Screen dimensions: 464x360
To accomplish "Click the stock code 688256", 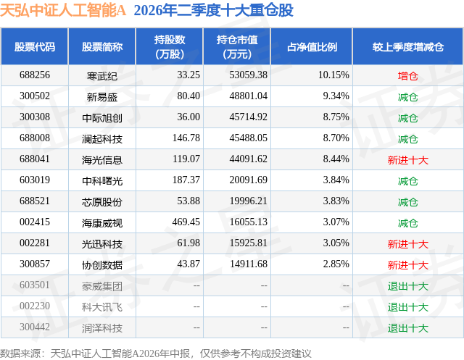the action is point(35,75).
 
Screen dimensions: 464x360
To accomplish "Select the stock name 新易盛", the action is point(102,96).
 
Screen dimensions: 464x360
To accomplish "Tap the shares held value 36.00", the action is point(188,117).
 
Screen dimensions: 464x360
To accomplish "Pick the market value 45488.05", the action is point(248,138).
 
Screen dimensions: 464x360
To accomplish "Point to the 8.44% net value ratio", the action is point(336,159).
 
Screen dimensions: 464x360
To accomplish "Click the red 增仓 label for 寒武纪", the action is point(407,76).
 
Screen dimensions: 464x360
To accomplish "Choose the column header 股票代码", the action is point(35,46).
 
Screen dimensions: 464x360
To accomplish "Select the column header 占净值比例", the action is point(312,46).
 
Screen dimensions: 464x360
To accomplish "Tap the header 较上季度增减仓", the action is point(407,46).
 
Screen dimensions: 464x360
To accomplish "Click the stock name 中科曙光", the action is point(102,181).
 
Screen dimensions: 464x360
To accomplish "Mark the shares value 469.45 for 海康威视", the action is point(186,222).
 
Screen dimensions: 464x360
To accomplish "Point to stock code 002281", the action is point(35,243).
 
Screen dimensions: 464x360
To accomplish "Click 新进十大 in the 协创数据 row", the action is point(407,265).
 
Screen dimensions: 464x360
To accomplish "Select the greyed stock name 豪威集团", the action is point(102,286).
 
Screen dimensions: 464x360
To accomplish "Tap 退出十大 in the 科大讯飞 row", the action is point(407,307).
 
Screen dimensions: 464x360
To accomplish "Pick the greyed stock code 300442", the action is point(35,327).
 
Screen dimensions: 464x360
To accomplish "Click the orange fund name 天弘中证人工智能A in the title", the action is point(63,10).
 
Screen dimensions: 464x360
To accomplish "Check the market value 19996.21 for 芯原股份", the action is point(248,201).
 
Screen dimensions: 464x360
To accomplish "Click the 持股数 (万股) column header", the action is point(170,46).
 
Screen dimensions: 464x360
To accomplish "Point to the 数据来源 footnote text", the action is point(156,353).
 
